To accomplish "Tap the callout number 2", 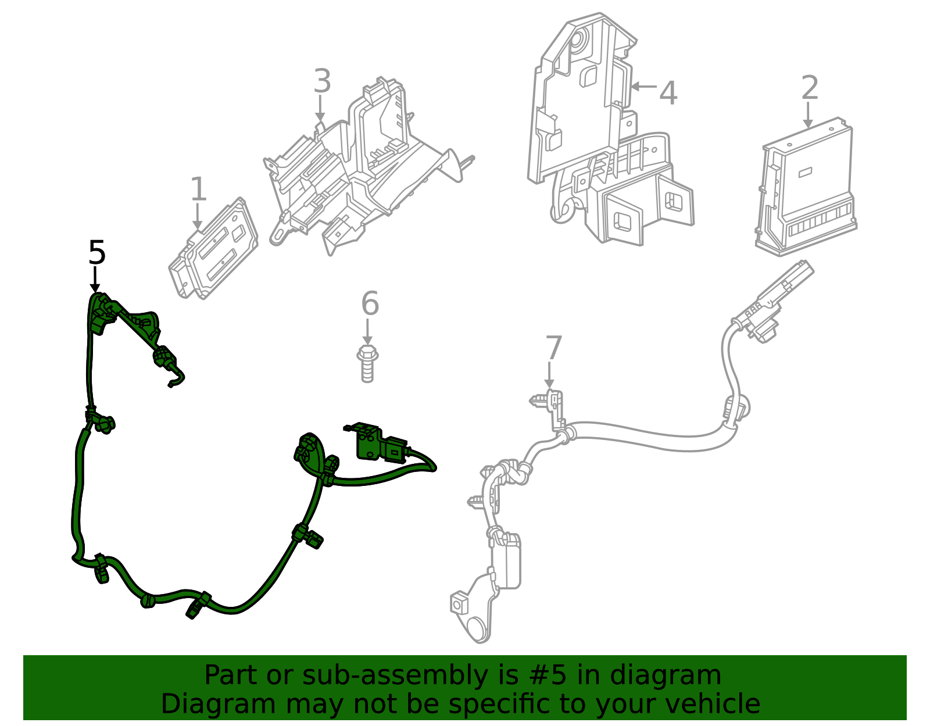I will pyautogui.click(x=809, y=88).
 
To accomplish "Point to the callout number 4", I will pyautogui.click(x=668, y=93).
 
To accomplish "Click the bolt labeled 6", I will pyautogui.click(x=367, y=363).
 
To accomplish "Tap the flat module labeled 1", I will pyautogui.click(x=214, y=250).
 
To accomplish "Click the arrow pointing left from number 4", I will pyautogui.click(x=643, y=87).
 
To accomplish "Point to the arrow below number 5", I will pyautogui.click(x=95, y=280).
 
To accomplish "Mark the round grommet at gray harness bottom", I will pyautogui.click(x=478, y=631).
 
